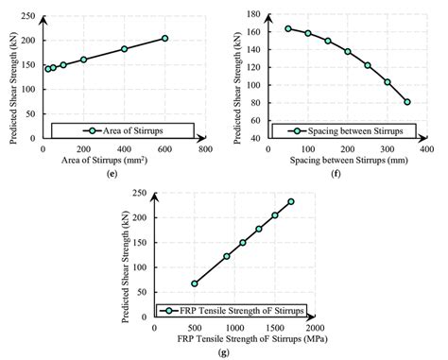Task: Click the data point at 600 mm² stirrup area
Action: tap(164, 39)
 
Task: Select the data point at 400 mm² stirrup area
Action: tap(124, 49)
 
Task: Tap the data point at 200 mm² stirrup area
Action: tap(83, 60)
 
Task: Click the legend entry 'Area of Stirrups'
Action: tap(123, 129)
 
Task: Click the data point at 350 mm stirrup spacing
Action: tap(407, 102)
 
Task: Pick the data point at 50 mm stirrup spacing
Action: tap(288, 28)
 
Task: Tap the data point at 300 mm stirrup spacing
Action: tap(388, 82)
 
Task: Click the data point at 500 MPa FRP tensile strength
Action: tap(194, 283)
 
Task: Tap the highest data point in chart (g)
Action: tap(291, 201)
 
